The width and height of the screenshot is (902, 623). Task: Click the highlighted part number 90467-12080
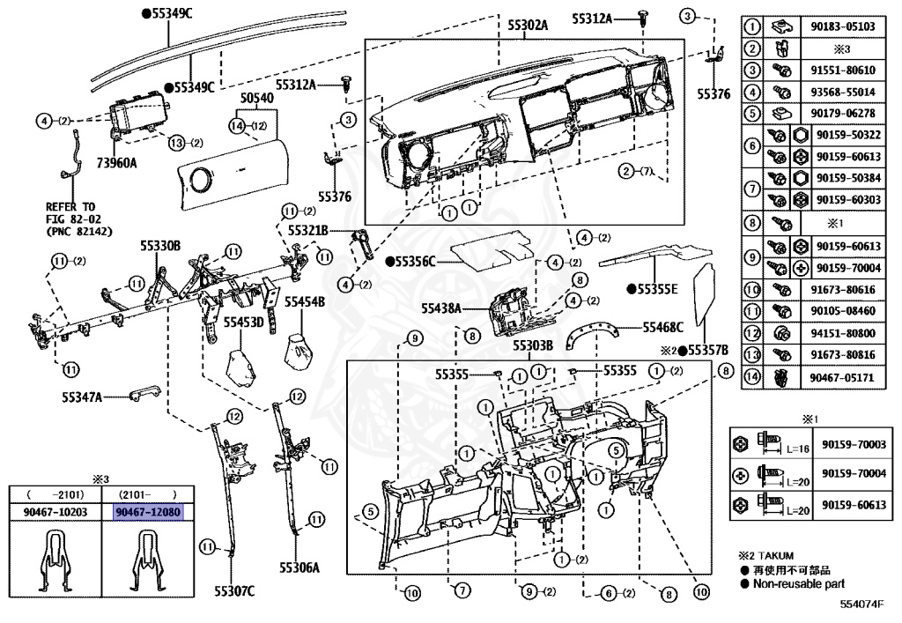click(x=147, y=512)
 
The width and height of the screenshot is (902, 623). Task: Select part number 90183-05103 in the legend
click(x=842, y=26)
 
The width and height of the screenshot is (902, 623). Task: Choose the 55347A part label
click(x=82, y=398)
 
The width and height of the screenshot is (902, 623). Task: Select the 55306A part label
click(x=299, y=569)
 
